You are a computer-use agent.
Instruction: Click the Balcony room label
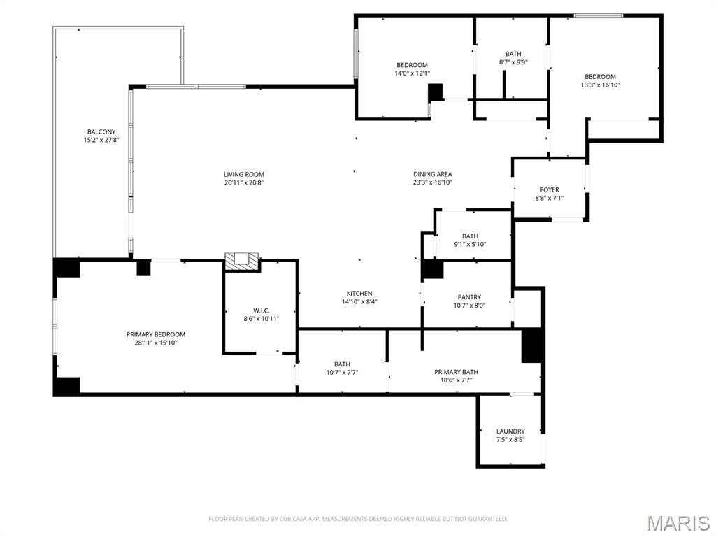[101, 132]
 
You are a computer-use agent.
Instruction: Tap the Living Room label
[243, 175]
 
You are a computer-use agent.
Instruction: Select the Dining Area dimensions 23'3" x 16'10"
[432, 182]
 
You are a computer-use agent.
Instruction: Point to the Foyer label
[549, 189]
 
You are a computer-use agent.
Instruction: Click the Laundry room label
[510, 431]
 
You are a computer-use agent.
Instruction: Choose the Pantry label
[469, 297]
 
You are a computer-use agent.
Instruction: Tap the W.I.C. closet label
[262, 310]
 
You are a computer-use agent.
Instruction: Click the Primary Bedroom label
[155, 334]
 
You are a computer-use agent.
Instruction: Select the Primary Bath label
[456, 372]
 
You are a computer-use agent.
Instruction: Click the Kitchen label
[359, 294]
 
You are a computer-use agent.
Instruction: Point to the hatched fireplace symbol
[242, 261]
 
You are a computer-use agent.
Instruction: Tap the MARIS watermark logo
[678, 522]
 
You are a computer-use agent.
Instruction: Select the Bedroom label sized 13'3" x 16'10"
[600, 77]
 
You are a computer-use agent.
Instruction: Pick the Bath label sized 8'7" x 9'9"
[513, 54]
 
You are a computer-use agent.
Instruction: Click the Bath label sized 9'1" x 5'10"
[470, 236]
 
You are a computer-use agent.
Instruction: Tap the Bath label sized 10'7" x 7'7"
[342, 364]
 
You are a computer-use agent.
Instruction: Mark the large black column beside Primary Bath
[532, 345]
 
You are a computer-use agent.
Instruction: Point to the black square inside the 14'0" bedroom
[436, 92]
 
